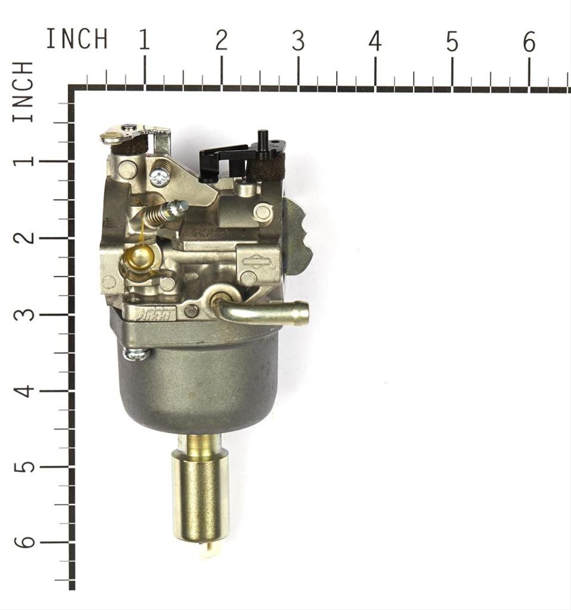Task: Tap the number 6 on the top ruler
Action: [x=529, y=42]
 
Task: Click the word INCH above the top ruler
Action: [x=77, y=39]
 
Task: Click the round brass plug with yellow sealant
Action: [x=141, y=257]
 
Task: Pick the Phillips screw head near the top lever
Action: [x=159, y=175]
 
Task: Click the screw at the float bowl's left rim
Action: [x=136, y=354]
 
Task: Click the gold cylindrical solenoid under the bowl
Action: [x=200, y=494]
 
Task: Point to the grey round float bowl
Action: [x=200, y=381]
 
